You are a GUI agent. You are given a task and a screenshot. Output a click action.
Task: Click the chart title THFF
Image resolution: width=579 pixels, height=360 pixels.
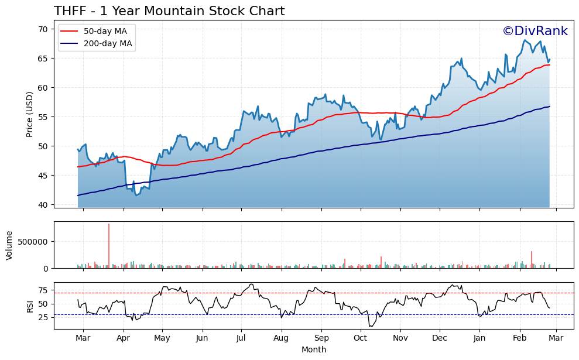click(169, 11)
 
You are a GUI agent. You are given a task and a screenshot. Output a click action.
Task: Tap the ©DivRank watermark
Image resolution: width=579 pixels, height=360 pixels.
click(535, 32)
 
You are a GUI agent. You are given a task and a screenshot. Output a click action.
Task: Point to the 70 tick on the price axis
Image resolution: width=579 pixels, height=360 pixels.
click(43, 29)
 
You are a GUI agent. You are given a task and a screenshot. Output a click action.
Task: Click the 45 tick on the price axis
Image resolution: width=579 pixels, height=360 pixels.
click(43, 176)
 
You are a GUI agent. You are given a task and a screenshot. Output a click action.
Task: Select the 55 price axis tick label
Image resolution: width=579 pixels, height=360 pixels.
click(43, 117)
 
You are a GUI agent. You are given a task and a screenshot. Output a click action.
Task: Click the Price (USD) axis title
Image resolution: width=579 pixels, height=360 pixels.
click(29, 114)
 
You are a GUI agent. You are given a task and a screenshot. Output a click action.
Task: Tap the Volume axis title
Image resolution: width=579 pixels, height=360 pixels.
click(9, 245)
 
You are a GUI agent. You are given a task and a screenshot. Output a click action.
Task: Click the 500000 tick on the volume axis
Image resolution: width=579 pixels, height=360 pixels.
click(35, 242)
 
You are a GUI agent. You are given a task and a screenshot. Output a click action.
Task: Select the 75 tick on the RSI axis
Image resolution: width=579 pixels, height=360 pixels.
click(43, 290)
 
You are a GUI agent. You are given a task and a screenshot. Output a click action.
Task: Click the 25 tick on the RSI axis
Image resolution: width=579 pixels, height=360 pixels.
click(43, 317)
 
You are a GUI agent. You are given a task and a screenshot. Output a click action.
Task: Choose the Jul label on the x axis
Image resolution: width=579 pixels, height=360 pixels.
click(241, 338)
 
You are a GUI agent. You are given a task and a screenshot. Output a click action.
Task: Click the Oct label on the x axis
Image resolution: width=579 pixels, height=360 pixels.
click(360, 338)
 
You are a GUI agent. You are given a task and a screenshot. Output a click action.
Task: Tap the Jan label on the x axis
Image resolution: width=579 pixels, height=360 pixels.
click(479, 338)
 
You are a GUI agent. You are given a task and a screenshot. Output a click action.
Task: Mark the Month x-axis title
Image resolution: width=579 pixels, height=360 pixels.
click(314, 349)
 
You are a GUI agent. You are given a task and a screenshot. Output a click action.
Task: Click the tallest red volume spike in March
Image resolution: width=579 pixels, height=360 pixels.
click(109, 246)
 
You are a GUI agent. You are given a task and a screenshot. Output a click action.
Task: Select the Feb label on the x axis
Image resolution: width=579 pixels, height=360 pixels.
click(520, 338)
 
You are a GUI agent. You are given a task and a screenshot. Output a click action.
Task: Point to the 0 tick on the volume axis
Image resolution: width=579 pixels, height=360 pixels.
click(47, 268)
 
